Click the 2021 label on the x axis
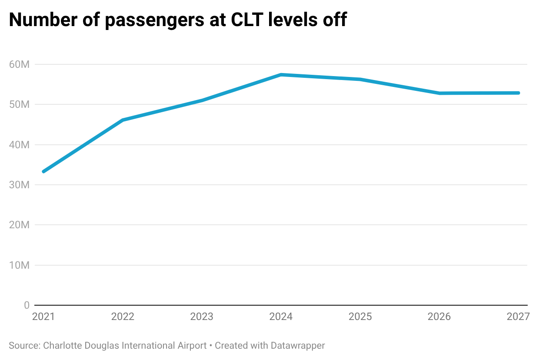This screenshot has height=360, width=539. (x=43, y=317)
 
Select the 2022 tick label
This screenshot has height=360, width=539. (x=123, y=317)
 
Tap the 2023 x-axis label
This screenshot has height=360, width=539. (x=202, y=317)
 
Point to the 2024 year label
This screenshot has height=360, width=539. (x=281, y=317)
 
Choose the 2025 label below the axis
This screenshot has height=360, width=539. (x=360, y=317)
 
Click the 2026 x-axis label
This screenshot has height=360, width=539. (x=439, y=317)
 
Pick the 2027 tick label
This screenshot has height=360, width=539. (x=518, y=317)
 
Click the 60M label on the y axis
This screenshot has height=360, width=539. (x=19, y=64)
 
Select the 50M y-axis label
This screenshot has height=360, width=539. (x=19, y=105)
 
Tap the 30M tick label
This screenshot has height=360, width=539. (x=19, y=185)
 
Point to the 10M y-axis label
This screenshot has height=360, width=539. (x=19, y=265)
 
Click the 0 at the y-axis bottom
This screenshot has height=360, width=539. (x=27, y=305)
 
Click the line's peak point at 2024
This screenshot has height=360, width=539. (x=281, y=75)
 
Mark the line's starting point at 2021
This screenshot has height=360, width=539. (x=43, y=171)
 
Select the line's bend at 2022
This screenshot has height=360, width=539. (x=123, y=120)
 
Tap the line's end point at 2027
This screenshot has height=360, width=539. (x=518, y=93)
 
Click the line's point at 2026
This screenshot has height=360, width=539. (x=439, y=93)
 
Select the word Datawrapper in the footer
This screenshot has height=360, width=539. (x=298, y=346)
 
